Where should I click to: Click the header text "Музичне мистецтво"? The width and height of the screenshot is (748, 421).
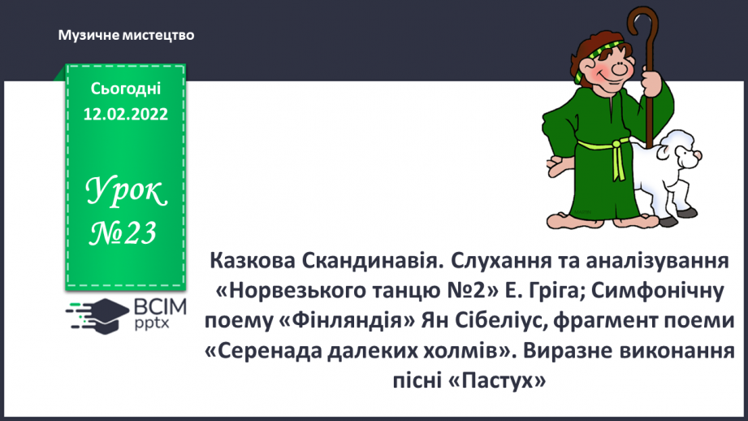coord(127,35)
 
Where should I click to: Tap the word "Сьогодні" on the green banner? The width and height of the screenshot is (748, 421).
coord(125,89)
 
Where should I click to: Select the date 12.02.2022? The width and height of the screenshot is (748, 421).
coord(125,114)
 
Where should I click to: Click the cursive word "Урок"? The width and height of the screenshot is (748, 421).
coord(126,191)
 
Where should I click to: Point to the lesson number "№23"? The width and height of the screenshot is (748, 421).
coord(123,233)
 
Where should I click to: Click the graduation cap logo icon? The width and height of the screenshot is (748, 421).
coord(97,315)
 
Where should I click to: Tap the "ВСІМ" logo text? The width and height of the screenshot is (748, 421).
coord(160,307)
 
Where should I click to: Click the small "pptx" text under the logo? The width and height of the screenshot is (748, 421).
coord(152,323)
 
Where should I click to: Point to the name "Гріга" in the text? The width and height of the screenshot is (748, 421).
coord(554,291)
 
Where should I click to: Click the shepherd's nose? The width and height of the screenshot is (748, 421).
coord(619,70)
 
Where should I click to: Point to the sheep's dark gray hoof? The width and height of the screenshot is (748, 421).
coord(668,222)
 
